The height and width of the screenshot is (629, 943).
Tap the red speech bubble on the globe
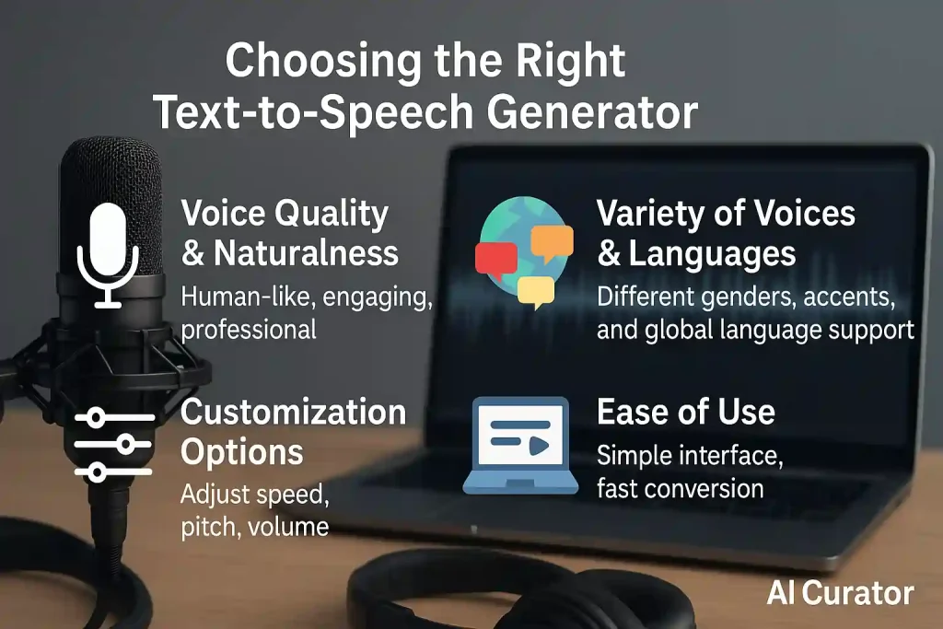495,260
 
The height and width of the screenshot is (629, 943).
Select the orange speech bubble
552,242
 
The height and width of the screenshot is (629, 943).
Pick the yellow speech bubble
535,291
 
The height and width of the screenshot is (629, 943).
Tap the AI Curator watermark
840,593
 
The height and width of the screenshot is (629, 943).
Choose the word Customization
293,412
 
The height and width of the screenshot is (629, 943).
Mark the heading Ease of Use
685,412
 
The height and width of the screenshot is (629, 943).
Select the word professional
248,329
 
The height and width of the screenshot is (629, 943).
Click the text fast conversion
680,487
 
